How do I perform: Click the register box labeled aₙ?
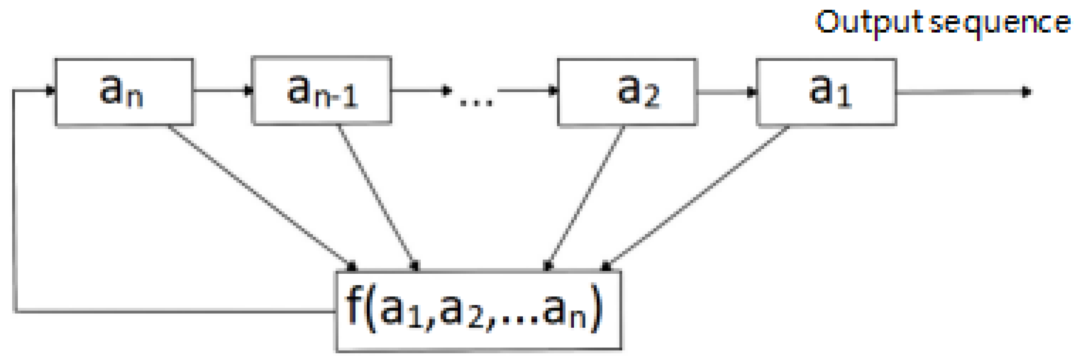[x=124, y=92]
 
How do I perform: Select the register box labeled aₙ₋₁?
[x=321, y=90]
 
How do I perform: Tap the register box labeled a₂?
[x=627, y=92]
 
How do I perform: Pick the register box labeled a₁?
[x=826, y=92]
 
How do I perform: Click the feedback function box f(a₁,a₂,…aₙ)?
[x=478, y=311]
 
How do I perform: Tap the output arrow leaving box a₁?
[x=962, y=92]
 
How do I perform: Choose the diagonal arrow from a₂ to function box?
[x=586, y=197]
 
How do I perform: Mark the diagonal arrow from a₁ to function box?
[x=697, y=197]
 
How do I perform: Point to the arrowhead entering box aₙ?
[x=50, y=90]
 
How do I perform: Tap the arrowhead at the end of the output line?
[x=1026, y=92]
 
